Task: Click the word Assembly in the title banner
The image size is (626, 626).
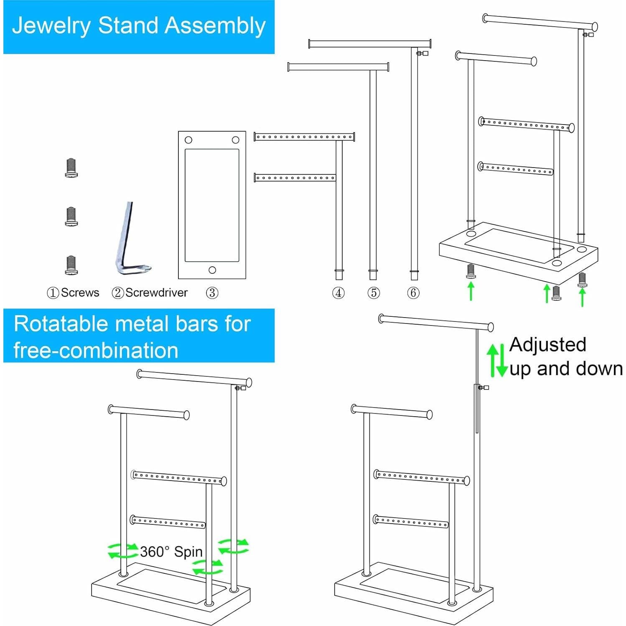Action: tap(215, 26)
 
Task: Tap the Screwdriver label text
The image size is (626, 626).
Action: tap(156, 293)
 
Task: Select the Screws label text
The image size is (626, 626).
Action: tap(80, 293)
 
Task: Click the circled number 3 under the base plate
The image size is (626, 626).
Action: tap(212, 293)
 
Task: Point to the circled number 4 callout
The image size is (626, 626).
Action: tap(338, 293)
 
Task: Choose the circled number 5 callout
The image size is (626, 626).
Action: tap(374, 293)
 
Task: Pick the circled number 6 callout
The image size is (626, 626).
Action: tap(413, 293)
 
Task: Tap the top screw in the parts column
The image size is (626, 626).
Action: tap(71, 168)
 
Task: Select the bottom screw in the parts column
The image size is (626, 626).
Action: tap(71, 265)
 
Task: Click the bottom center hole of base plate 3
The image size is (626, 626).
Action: tap(212, 270)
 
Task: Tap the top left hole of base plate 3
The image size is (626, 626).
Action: tap(188, 140)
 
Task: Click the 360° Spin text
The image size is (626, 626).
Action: tap(171, 552)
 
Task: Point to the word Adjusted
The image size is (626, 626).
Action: tap(547, 345)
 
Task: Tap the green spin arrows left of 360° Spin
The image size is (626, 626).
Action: tap(122, 551)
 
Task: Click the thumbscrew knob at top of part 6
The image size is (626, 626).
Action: tap(423, 53)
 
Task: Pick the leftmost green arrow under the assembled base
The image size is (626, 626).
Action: tap(471, 291)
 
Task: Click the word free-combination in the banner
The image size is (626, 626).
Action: tap(96, 350)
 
